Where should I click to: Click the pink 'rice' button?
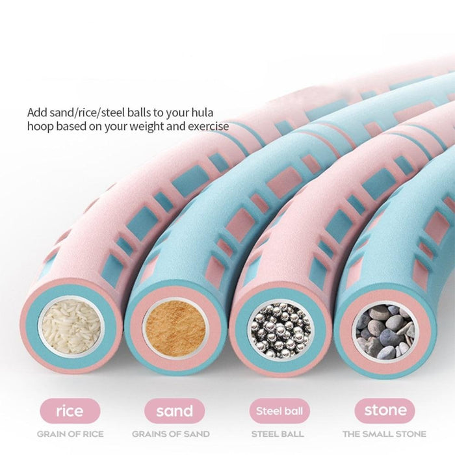pos(70,411)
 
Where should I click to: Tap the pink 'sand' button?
pos(175,411)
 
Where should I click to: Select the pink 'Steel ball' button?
pos(278,411)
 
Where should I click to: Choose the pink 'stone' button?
pos(384,411)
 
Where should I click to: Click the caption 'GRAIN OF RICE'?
pos(70,434)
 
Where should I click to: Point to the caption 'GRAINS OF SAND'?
pos(171,434)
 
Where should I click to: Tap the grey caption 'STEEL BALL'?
pos(278,434)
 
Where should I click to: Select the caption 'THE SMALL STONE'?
pos(384,434)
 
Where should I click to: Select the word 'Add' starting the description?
pos(37,111)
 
